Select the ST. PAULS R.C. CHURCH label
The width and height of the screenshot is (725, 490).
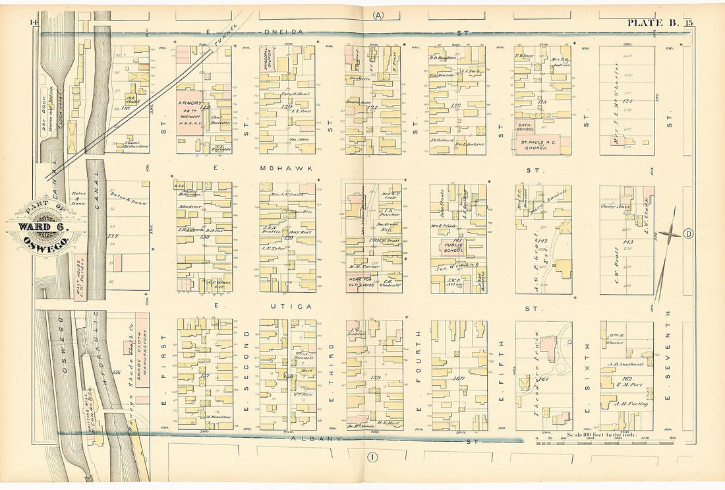coord(542,144)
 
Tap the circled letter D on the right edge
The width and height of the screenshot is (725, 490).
coord(689,233)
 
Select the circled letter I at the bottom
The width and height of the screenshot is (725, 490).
coord(372,456)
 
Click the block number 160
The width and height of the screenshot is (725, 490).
coord(459,379)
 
